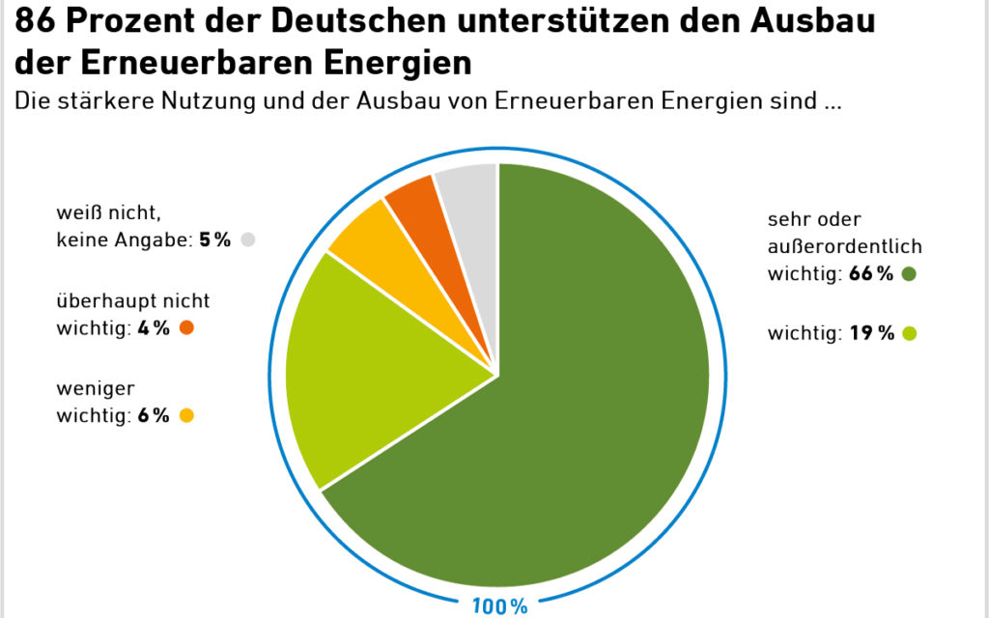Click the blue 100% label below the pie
(x=499, y=606)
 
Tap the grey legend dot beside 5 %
(x=249, y=239)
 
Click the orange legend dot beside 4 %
(x=186, y=327)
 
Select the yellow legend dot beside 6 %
(x=186, y=416)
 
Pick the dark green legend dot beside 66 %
(x=908, y=274)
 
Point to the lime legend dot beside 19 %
(x=908, y=334)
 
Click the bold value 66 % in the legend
(x=871, y=274)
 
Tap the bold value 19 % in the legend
(x=871, y=334)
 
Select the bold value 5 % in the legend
(x=215, y=240)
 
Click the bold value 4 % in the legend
(x=154, y=328)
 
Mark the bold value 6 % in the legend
(x=154, y=416)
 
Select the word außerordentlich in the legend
(x=845, y=246)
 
